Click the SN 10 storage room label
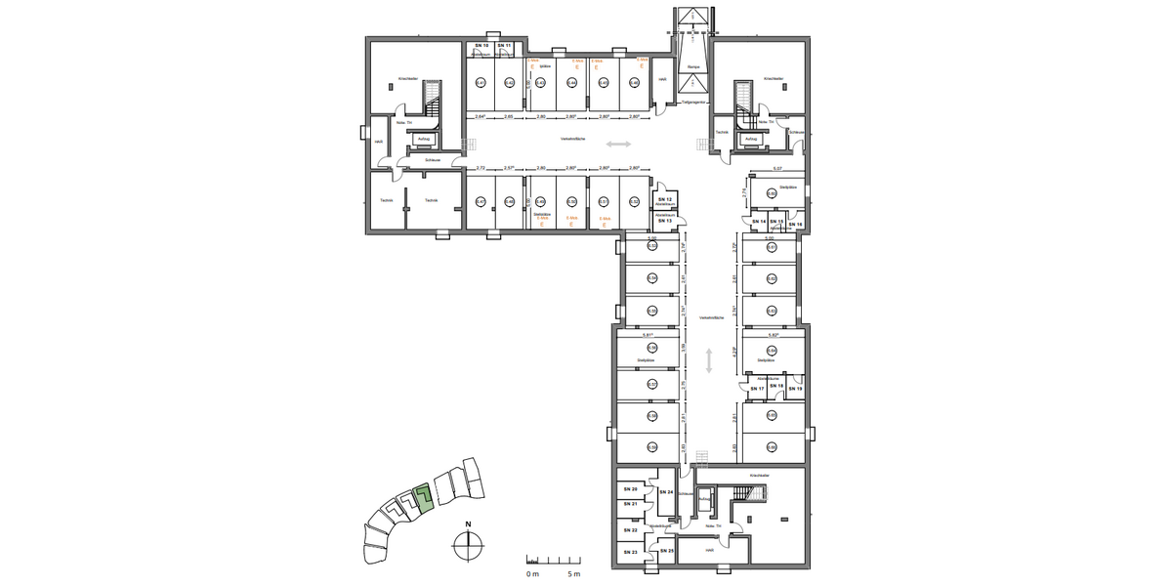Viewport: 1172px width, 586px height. tap(481, 46)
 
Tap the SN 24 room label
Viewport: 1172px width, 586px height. tap(665, 492)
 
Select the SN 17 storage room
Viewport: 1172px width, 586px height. tap(756, 389)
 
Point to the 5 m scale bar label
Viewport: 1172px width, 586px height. tap(576, 574)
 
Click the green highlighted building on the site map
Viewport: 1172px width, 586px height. tap(422, 498)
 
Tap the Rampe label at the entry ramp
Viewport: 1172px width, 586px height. tap(693, 66)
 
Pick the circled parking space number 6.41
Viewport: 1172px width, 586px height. tap(480, 83)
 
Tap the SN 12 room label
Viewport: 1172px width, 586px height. tap(666, 199)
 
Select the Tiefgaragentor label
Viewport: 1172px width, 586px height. tap(692, 100)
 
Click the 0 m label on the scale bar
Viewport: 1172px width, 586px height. tap(532, 574)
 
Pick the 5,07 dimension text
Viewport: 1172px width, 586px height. tap(777, 169)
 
